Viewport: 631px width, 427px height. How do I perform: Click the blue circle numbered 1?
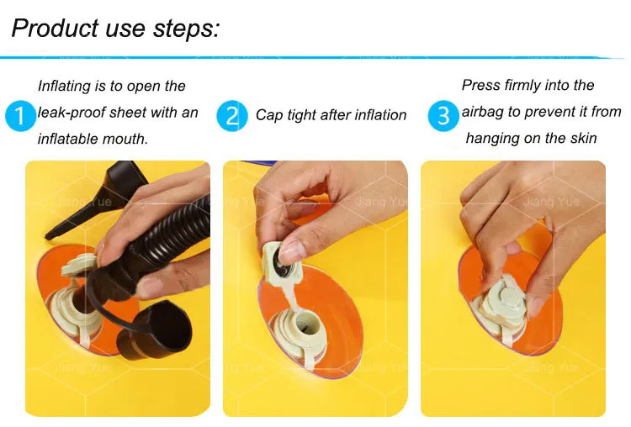20,116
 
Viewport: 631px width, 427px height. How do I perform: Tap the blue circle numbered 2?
232,116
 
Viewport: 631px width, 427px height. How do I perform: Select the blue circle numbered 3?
443,116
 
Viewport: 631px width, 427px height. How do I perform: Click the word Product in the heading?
55,28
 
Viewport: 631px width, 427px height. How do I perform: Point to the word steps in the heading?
186,29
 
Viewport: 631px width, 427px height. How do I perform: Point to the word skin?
584,139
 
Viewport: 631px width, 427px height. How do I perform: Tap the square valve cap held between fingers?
278,263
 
